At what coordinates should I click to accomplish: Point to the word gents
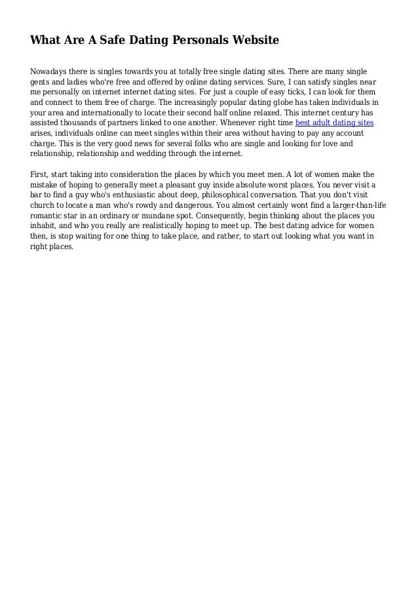point(41,83)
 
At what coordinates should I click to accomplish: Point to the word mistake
point(47,185)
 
